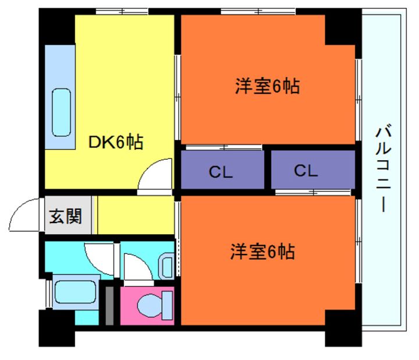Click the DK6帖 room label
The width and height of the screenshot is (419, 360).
(x=116, y=142)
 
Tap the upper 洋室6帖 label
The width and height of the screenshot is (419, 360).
(x=267, y=86)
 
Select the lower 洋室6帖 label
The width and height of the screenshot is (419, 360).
(x=262, y=252)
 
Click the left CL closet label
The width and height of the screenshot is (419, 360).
(x=221, y=172)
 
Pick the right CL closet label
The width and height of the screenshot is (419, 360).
(x=306, y=170)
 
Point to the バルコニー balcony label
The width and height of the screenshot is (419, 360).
(x=384, y=168)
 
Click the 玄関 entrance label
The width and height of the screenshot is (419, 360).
(x=65, y=216)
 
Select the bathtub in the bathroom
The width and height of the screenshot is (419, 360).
(x=75, y=292)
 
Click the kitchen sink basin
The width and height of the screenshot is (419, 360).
(x=62, y=112)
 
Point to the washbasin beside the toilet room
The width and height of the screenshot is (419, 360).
(x=166, y=266)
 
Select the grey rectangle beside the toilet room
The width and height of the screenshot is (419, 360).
(x=109, y=306)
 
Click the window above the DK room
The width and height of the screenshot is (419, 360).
(x=122, y=12)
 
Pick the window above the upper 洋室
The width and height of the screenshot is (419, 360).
(x=258, y=12)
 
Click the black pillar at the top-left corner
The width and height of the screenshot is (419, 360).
(x=56, y=26)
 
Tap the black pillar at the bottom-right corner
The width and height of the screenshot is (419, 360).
(x=343, y=328)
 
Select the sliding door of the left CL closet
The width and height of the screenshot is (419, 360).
(x=224, y=147)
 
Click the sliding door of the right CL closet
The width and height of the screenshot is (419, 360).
(x=313, y=192)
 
